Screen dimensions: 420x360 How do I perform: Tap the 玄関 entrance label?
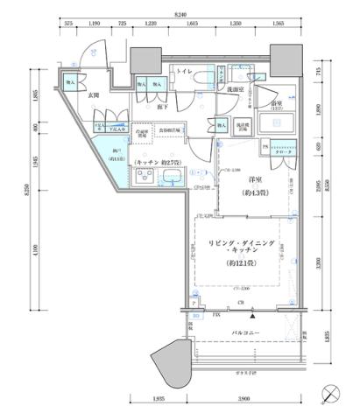pos(94,99)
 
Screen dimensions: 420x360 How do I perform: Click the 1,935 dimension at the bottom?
pos(159,400)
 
